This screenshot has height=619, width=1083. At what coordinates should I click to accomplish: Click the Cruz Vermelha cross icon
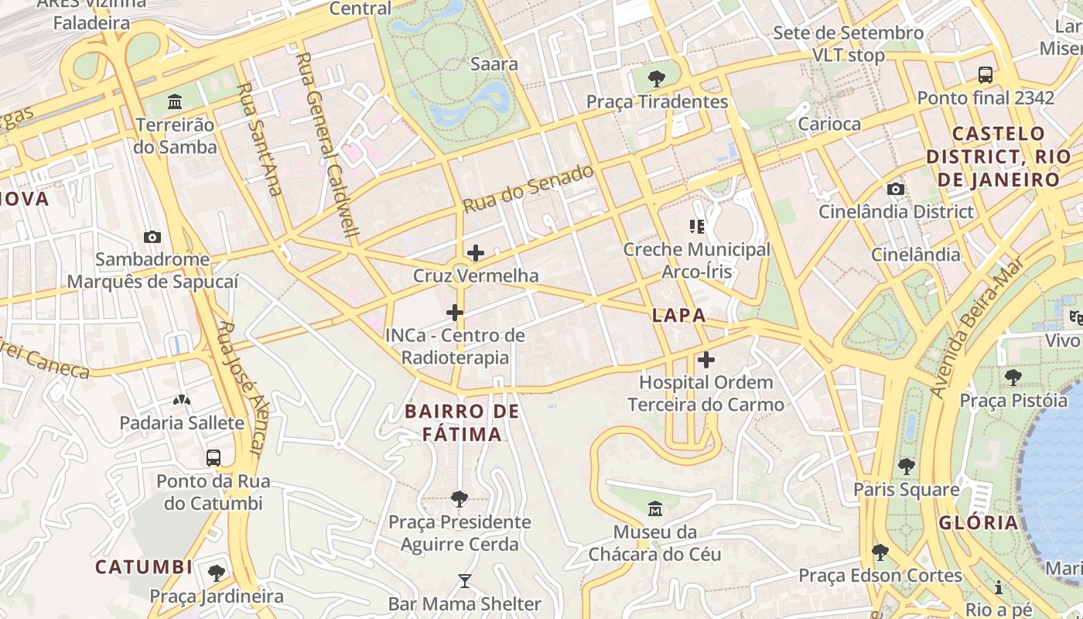(476, 253)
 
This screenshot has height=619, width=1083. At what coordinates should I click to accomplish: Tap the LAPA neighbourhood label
(678, 315)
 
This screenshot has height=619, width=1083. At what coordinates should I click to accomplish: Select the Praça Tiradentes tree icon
(657, 78)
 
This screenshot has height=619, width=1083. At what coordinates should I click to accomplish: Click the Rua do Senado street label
(528, 190)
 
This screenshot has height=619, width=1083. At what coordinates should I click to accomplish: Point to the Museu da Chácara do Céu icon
(655, 509)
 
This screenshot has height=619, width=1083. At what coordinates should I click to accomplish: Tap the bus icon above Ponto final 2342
(986, 75)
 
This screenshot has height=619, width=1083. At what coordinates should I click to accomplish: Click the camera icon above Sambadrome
(152, 238)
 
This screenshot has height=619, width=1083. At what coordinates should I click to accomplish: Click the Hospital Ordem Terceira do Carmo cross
(705, 360)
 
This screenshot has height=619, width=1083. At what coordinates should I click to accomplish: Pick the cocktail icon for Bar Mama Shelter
(464, 581)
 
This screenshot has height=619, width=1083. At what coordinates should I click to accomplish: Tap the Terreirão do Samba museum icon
(175, 102)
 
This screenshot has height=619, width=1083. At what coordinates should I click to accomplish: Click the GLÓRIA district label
(979, 522)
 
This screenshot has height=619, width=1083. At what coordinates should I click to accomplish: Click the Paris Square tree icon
(906, 467)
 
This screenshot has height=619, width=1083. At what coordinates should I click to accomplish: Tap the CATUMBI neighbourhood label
(144, 567)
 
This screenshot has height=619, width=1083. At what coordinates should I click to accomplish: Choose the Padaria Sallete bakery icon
(182, 400)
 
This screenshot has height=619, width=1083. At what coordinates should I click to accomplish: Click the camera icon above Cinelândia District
(896, 190)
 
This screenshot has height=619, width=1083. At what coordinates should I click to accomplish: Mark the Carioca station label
(828, 124)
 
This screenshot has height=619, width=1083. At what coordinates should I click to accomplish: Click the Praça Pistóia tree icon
(1013, 378)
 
